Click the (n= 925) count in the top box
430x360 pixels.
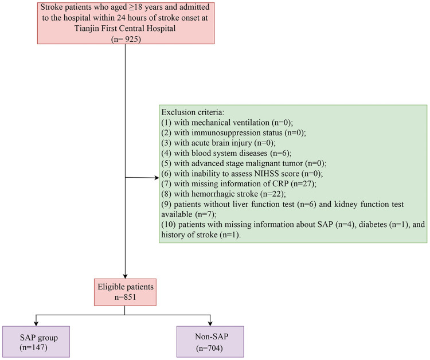tap(126, 39)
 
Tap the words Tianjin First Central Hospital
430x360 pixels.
tap(125, 28)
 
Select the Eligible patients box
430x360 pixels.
tap(126, 292)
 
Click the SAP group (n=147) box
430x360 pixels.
tap(36, 342)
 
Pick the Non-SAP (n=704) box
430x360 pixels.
tap(210, 342)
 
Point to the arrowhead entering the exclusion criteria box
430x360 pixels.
tap(157, 178)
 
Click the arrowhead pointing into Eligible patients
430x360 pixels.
tap(125, 276)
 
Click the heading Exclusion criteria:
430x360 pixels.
tap(193, 112)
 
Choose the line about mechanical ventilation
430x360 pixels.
tap(227, 122)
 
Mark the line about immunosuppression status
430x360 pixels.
tap(233, 132)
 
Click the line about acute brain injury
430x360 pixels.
tap(218, 143)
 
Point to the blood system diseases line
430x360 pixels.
tap(226, 153)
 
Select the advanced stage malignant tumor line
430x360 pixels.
tap(244, 163)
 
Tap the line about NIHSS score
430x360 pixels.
tap(242, 174)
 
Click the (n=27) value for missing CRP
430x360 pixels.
tap(303, 183)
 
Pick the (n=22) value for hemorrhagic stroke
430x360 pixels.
tap(273, 194)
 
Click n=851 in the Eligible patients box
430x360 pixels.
tap(126, 297)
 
